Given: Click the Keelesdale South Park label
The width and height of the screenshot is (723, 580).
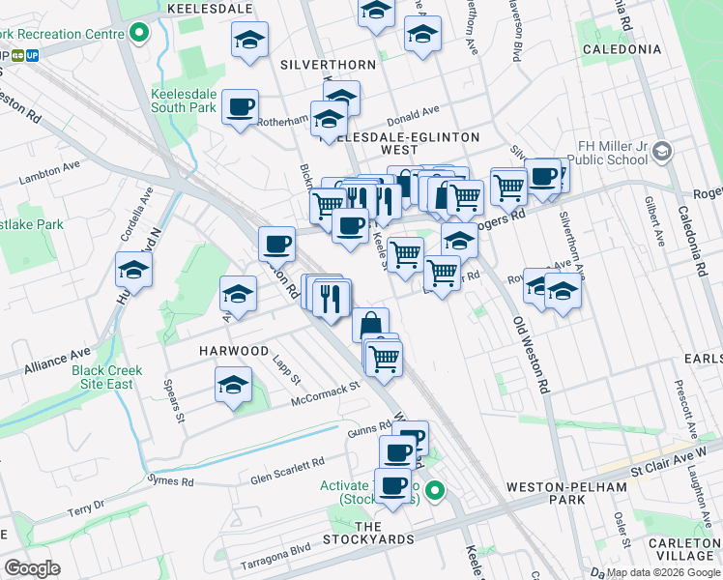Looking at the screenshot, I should (184, 101).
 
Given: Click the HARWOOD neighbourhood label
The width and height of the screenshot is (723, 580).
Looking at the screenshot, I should (234, 350).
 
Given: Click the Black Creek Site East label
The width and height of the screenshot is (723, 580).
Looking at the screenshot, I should (106, 377).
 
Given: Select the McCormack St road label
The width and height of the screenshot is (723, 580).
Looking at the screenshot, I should (326, 392).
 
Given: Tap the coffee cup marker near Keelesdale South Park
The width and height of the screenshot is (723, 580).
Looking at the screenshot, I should (240, 106).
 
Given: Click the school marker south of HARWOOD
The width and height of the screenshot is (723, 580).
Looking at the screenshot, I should (232, 386).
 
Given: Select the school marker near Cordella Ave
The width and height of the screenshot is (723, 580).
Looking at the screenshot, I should (133, 270).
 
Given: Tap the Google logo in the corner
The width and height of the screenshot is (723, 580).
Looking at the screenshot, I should (31, 568).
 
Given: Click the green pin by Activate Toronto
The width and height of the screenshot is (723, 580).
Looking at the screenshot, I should (435, 491).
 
